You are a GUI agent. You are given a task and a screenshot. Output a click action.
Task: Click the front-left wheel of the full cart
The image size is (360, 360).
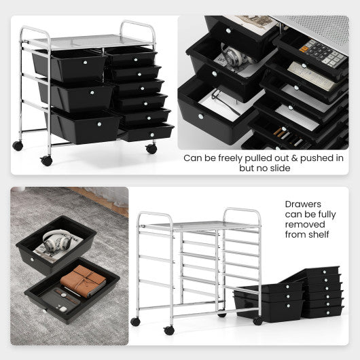(x=46, y=161)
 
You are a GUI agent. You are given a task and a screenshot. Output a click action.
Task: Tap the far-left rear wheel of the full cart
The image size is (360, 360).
(x=18, y=145)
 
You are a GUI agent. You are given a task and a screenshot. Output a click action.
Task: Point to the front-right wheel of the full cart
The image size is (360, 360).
(x=151, y=148)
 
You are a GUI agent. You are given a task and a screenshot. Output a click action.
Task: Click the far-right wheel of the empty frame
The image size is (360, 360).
(x=258, y=320)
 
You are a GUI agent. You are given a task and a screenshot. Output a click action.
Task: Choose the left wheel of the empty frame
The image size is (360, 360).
(x=168, y=329)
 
